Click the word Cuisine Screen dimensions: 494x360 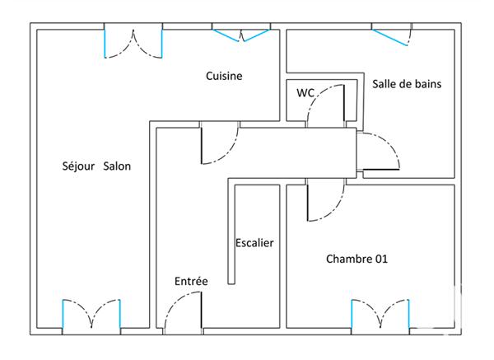click(x=224, y=77)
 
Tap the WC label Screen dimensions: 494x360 click(x=305, y=93)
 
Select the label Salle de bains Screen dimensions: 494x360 click(x=402, y=83)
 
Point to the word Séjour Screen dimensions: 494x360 click(x=78, y=166)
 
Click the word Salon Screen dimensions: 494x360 click(x=117, y=166)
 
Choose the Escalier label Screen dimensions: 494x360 click(x=254, y=243)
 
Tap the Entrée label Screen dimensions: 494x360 click(x=191, y=282)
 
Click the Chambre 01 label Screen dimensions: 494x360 click(x=357, y=259)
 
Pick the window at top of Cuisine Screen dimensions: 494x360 click(x=240, y=33)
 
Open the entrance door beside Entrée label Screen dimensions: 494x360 click(x=184, y=313)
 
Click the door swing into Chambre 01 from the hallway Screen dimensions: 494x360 click(x=323, y=203)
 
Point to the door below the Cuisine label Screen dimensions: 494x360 click(x=219, y=144)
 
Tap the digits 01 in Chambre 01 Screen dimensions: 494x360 click(x=380, y=259)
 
